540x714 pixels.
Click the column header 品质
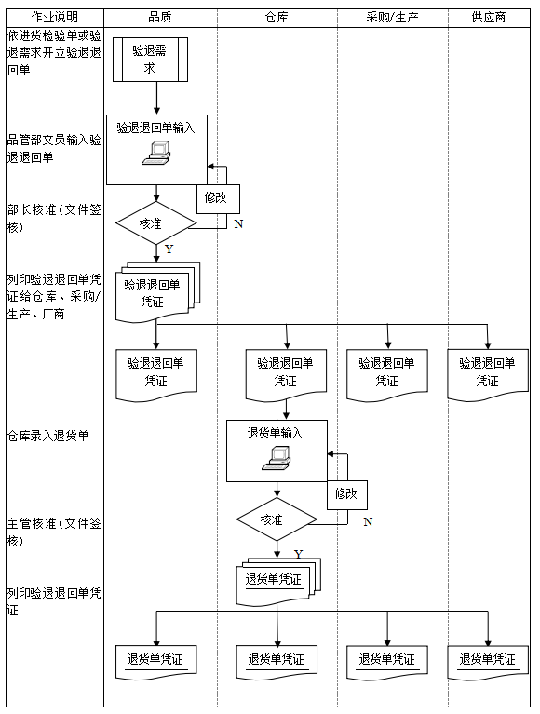[x=159, y=17]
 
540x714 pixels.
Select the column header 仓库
[x=277, y=17]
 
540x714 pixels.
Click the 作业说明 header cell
[x=54, y=17]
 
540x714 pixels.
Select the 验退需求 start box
[x=155, y=60]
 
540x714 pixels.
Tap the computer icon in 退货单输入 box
[x=277, y=455]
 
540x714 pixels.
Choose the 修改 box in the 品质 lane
[x=216, y=197]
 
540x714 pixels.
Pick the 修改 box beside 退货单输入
[x=346, y=493]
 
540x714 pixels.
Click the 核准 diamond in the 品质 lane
[x=155, y=223]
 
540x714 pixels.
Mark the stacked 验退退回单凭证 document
[x=154, y=293]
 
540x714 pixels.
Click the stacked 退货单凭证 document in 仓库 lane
[x=275, y=581]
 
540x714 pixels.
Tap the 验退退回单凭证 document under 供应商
[x=487, y=373]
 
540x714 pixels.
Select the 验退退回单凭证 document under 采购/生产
[x=387, y=373]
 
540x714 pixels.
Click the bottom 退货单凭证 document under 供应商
[x=487, y=659]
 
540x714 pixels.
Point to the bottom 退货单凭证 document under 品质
[x=155, y=660]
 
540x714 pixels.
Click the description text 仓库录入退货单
[x=47, y=436]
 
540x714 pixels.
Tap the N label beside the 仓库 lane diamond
[x=367, y=522]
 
